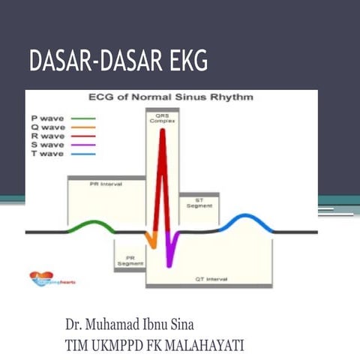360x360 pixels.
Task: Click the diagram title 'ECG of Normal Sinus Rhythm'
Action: (171, 97)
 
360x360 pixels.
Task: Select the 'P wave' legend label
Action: (46, 118)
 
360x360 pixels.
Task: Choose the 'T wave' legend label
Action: (46, 154)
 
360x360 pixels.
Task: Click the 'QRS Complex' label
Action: (157, 119)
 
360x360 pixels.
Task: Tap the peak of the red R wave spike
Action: (159, 135)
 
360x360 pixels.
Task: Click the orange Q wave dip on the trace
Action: (150, 241)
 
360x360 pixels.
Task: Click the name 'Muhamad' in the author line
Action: (125, 327)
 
